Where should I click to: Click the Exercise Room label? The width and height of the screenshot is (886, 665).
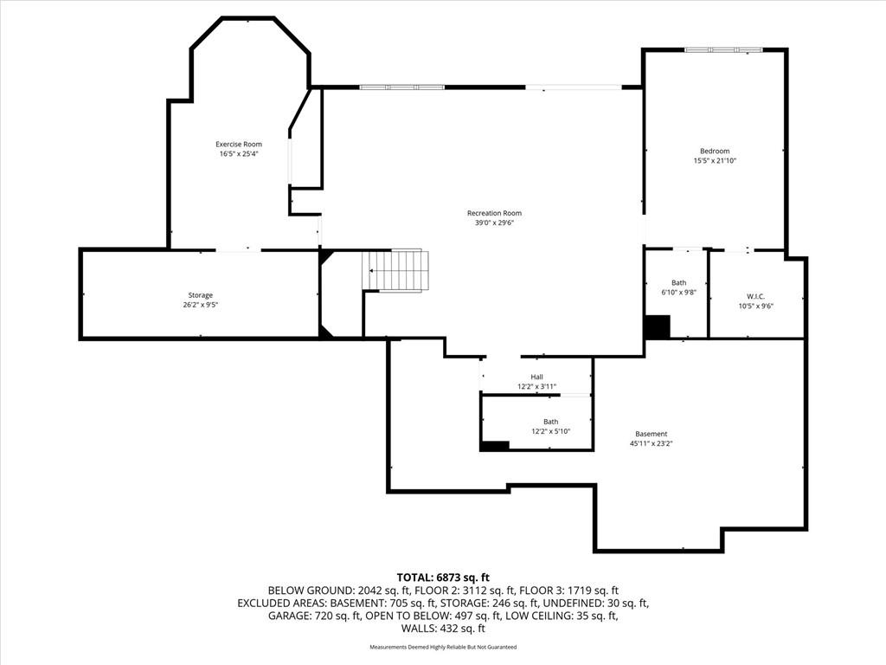[x=239, y=145]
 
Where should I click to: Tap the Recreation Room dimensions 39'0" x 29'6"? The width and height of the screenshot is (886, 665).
[x=494, y=223]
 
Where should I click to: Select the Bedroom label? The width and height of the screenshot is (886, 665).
[x=715, y=151]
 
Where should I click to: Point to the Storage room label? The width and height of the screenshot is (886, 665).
[x=201, y=295]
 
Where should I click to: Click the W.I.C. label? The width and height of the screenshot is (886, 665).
[x=755, y=297]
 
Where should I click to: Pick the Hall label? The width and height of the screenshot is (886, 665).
[x=536, y=378]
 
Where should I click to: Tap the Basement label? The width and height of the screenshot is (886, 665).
[x=651, y=435]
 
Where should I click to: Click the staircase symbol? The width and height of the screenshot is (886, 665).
[x=395, y=271]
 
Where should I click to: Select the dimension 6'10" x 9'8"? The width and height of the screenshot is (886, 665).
[x=678, y=293]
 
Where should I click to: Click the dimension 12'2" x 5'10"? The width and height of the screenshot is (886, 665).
[x=551, y=431]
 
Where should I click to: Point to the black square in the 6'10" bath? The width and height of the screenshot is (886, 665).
[x=658, y=326]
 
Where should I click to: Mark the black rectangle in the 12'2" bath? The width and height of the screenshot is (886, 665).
[x=495, y=446]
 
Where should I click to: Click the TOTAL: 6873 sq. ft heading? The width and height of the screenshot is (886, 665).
[x=443, y=578]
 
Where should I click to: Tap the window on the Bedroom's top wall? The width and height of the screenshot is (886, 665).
[x=723, y=50]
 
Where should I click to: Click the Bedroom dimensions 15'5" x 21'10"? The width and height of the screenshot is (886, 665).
[x=715, y=160]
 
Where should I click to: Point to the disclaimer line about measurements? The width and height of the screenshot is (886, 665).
[x=443, y=647]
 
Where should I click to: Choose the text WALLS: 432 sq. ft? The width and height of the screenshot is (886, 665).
[x=443, y=629]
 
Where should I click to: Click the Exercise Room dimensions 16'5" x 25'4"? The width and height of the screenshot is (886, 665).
[x=239, y=154]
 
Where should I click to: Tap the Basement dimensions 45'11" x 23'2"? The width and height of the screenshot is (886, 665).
[x=651, y=444]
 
